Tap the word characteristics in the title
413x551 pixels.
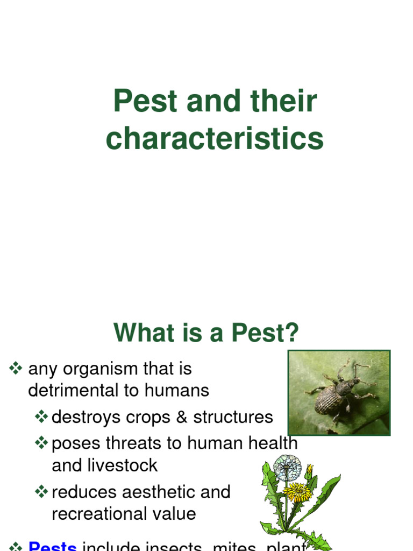click(215, 138)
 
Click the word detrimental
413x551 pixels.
click(72, 390)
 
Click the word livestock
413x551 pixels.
click(123, 465)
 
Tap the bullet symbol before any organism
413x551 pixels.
click(16, 369)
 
